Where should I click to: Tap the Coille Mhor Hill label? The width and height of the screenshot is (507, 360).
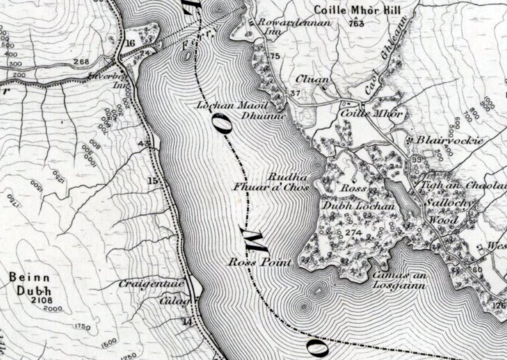click(357, 10)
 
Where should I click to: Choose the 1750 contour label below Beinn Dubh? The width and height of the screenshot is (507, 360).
click(81, 327)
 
